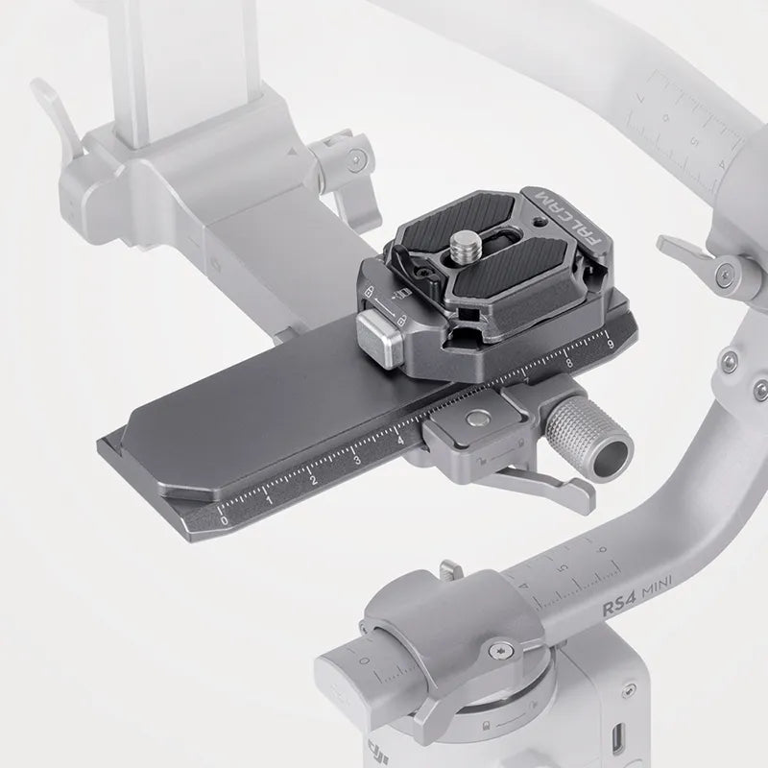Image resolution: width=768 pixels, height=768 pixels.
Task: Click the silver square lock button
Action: click(379, 336)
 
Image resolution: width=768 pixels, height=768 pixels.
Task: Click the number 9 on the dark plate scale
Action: click(609, 343)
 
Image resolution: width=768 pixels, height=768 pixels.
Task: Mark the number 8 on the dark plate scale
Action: click(568, 363)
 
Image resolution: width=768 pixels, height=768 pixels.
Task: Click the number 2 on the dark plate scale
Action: click(312, 480)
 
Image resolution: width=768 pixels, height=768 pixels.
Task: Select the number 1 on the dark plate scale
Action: click(269, 499)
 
